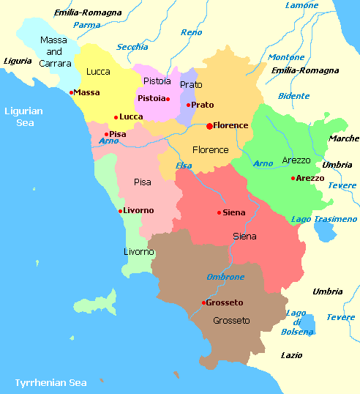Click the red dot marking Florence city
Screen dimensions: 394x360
point(209,126)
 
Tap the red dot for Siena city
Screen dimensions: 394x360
point(219,213)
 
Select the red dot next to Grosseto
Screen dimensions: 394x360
point(203,302)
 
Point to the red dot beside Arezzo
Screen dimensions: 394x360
point(293,178)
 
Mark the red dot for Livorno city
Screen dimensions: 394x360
point(120,211)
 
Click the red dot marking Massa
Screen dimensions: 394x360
point(71,92)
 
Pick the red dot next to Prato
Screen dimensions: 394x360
point(188,105)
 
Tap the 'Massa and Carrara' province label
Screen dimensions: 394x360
point(54,52)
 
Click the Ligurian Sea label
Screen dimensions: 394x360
point(23,117)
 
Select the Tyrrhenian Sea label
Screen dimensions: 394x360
point(50,382)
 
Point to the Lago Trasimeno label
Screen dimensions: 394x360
point(323,219)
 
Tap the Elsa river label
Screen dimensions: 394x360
point(184,166)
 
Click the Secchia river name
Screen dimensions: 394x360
point(132,47)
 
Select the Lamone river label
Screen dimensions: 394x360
point(301,6)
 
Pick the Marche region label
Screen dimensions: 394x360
point(344,138)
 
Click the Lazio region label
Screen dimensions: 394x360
point(291,355)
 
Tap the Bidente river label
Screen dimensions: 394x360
point(293,96)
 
